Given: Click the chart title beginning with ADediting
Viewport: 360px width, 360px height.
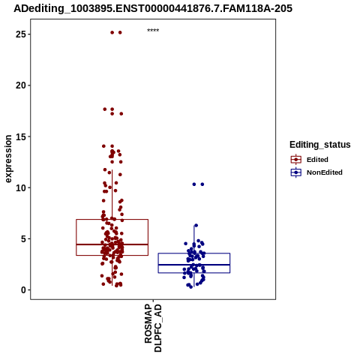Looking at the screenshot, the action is click(x=153, y=9).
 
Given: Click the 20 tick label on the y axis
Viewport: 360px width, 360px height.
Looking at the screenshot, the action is click(x=21, y=85).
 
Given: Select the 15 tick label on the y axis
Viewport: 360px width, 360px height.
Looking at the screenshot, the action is click(x=21, y=136).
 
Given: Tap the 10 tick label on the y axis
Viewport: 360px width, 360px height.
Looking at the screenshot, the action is click(x=21, y=187).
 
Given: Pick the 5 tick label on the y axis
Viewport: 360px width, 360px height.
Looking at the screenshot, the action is click(x=23, y=238).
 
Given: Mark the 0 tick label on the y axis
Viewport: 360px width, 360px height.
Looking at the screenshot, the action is click(x=23, y=290).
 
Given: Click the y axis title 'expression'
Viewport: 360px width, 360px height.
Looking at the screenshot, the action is click(x=8, y=159).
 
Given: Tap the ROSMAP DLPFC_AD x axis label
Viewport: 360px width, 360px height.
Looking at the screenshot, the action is click(x=153, y=328).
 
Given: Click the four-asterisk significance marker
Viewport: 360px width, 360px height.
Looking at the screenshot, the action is click(x=153, y=31).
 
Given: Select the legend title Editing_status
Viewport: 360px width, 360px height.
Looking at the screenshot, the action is click(x=320, y=145).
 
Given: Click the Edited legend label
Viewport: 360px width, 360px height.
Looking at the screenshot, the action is click(x=317, y=160).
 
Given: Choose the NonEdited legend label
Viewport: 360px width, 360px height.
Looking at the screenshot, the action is click(x=325, y=172).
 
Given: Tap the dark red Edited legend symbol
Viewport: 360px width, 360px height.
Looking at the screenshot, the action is click(x=296, y=160).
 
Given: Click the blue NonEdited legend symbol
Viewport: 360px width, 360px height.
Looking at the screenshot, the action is click(x=296, y=172).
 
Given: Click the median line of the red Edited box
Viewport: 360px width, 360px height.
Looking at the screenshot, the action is click(x=112, y=244).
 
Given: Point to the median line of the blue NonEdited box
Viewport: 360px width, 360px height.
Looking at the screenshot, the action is click(x=194, y=265).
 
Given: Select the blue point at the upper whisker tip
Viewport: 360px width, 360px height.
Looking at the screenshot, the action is click(x=196, y=226).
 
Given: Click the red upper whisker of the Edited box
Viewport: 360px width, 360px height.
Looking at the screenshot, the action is click(x=112, y=195).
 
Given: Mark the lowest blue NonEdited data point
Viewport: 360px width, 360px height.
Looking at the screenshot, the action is click(x=191, y=287).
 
